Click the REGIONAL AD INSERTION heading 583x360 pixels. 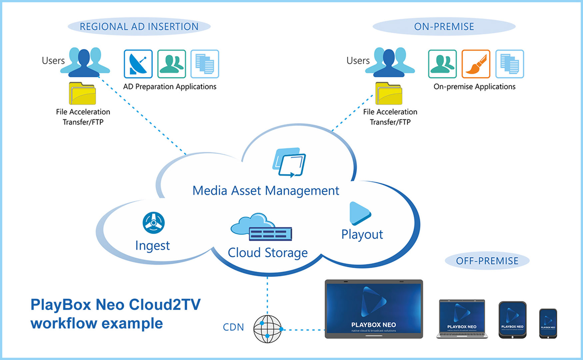[x=139, y=27]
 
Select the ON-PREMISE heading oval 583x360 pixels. [x=444, y=27]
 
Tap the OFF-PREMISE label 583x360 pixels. [x=487, y=261]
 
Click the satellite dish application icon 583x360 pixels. [x=138, y=64]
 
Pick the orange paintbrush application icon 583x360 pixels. [x=476, y=64]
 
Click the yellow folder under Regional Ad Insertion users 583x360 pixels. [x=82, y=94]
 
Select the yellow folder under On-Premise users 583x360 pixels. [x=389, y=94]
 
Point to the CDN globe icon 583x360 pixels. [x=267, y=329]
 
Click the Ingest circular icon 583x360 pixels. [x=154, y=223]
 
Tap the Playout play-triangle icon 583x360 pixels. [x=359, y=213]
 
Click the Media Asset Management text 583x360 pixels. [x=266, y=191]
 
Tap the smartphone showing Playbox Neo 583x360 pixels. [x=548, y=323]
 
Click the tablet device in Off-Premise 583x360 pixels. [x=512, y=320]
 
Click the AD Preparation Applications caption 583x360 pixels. [x=170, y=87]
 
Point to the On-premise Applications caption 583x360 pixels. [x=474, y=87]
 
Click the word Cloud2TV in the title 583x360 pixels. [x=165, y=305]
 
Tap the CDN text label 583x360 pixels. [x=233, y=327]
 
